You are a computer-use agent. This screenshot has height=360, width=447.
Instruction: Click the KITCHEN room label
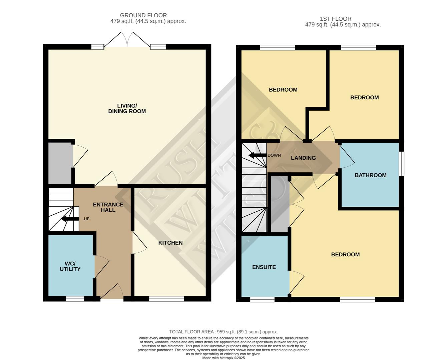pyautogui.click(x=170, y=243)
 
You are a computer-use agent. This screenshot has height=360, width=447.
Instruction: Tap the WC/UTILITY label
pyautogui.click(x=70, y=266)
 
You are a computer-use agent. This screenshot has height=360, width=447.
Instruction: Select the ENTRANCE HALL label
pyautogui.click(x=108, y=207)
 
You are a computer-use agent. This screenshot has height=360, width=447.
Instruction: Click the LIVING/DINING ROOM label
pyautogui.click(x=127, y=108)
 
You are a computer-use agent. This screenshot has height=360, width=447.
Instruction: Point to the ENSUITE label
pyautogui.click(x=264, y=267)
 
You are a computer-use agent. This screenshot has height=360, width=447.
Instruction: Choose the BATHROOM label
pyautogui.click(x=370, y=175)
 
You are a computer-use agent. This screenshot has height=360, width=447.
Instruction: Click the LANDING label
pyautogui.click(x=303, y=158)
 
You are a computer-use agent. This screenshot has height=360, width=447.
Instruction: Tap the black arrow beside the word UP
pyautogui.click(x=70, y=219)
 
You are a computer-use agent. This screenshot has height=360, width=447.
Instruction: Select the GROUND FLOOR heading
pyautogui.click(x=143, y=15)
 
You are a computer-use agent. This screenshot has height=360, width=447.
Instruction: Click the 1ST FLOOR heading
pyautogui.click(x=335, y=19)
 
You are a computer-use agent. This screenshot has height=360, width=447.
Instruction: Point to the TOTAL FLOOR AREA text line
pyautogui.click(x=223, y=332)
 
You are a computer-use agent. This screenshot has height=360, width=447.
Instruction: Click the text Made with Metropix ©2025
pyautogui.click(x=223, y=358)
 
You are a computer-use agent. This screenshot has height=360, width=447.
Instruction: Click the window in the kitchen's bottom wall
pyautogui.click(x=166, y=299)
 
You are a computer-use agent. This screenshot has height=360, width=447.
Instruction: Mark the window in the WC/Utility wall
pyautogui.click(x=75, y=299)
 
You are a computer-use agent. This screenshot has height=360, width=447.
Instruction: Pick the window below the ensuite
pyautogui.click(x=262, y=299)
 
